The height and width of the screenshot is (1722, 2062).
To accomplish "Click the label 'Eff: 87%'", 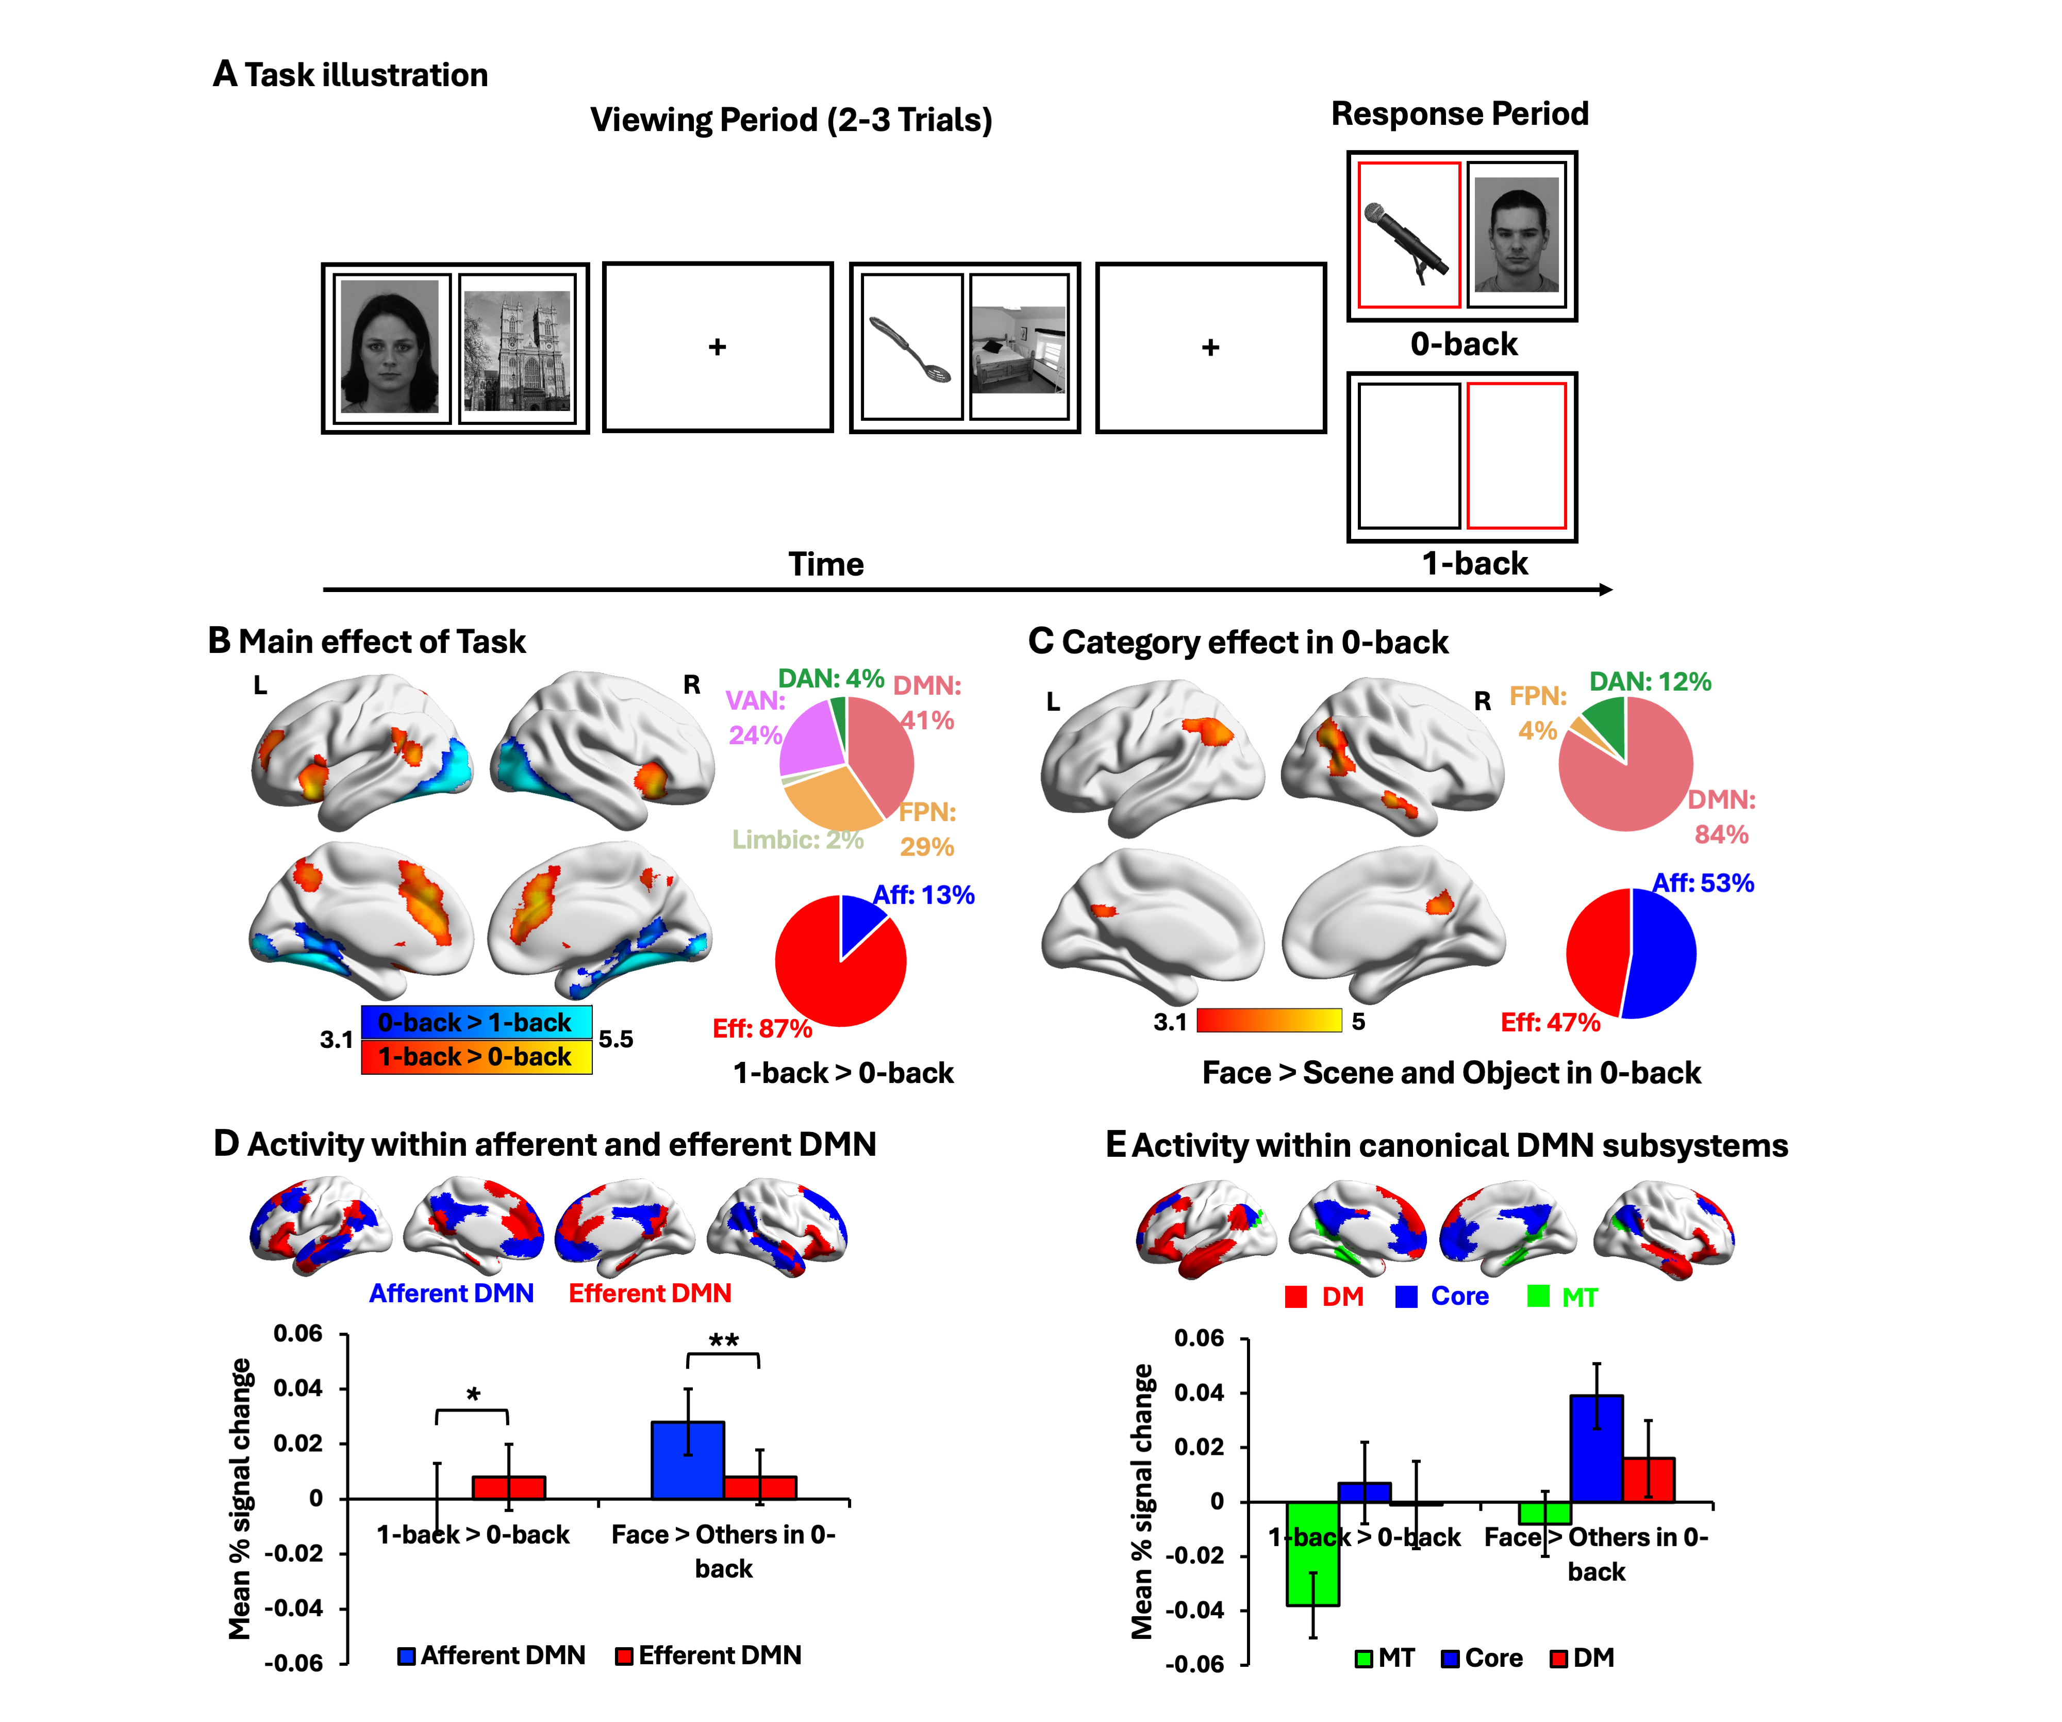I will [762, 1028].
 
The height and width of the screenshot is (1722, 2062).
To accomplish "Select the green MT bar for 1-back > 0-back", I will [1313, 1552].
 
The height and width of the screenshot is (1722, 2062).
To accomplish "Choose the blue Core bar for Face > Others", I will [1595, 1448].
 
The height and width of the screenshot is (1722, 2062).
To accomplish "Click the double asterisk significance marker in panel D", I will [724, 1341].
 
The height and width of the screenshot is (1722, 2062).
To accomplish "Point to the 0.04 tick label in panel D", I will [297, 1388].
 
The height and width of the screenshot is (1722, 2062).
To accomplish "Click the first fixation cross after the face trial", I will [717, 347].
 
